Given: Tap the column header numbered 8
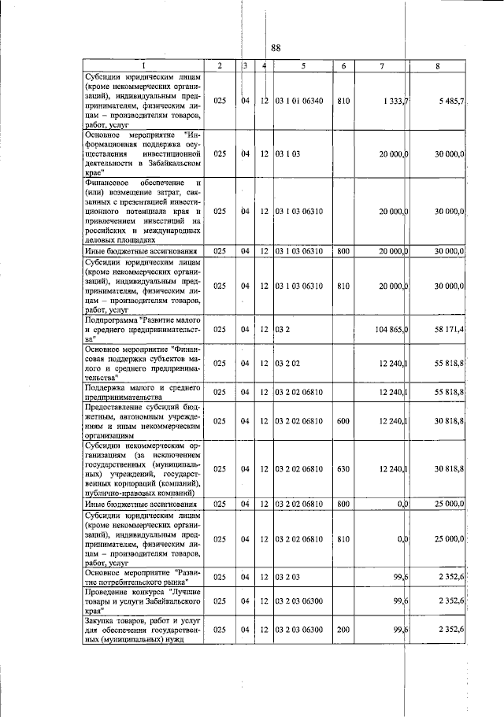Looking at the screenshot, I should [x=437, y=65].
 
